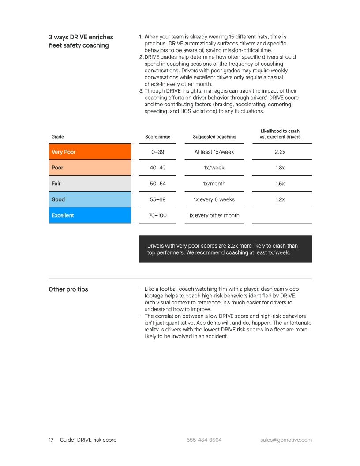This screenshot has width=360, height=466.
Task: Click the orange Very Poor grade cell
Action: [90, 152]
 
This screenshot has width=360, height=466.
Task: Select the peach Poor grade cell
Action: [90, 168]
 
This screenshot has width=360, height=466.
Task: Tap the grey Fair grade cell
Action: [90, 184]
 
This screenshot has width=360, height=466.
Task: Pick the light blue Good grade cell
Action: [90, 199]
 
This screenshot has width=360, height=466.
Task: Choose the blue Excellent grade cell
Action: [90, 215]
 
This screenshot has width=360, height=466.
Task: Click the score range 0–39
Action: [157, 152]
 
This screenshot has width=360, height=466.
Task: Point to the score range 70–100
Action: [157, 215]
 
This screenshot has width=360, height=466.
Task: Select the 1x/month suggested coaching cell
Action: [214, 184]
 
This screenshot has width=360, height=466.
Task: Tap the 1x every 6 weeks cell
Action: [214, 199]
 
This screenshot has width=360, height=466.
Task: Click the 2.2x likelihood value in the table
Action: [280, 152]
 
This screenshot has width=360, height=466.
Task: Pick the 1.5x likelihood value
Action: [280, 184]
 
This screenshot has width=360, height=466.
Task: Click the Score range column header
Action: [157, 137]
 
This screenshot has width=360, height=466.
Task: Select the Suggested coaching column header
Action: [214, 137]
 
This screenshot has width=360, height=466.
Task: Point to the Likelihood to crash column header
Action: [280, 134]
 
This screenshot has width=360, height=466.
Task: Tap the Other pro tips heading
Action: [68, 289]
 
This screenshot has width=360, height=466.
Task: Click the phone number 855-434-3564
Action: [204, 440]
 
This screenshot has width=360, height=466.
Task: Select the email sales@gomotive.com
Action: [286, 440]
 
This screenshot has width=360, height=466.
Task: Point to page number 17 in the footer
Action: [51, 440]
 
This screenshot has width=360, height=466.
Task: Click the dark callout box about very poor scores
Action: [225, 249]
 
